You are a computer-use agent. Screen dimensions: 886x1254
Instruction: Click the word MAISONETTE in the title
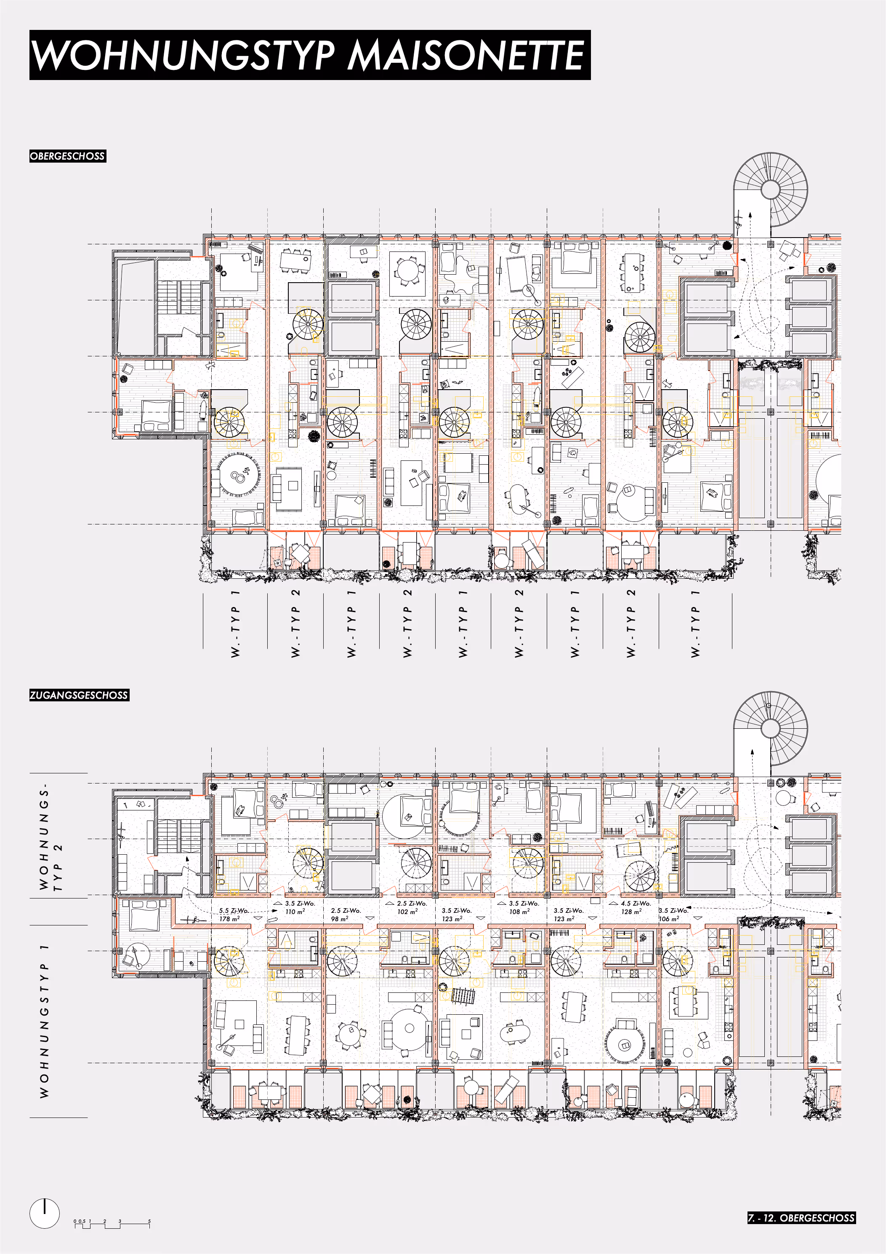[466, 55]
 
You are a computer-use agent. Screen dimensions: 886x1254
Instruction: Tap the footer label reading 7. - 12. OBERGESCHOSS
[801, 1217]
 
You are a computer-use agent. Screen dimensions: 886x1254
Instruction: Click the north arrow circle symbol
[44, 1213]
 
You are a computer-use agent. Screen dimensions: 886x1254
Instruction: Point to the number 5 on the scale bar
[149, 1221]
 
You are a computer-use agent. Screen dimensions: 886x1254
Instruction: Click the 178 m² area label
[229, 919]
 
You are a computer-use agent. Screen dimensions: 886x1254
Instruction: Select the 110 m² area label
[295, 912]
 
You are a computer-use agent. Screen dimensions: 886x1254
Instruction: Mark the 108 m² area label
[519, 912]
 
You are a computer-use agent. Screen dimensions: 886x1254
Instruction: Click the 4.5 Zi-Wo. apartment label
[636, 904]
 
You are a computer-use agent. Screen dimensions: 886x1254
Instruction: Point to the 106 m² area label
[669, 919]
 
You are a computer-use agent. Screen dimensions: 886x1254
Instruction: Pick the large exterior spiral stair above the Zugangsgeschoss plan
[770, 728]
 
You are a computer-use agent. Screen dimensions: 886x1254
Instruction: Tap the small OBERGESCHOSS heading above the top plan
[68, 156]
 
